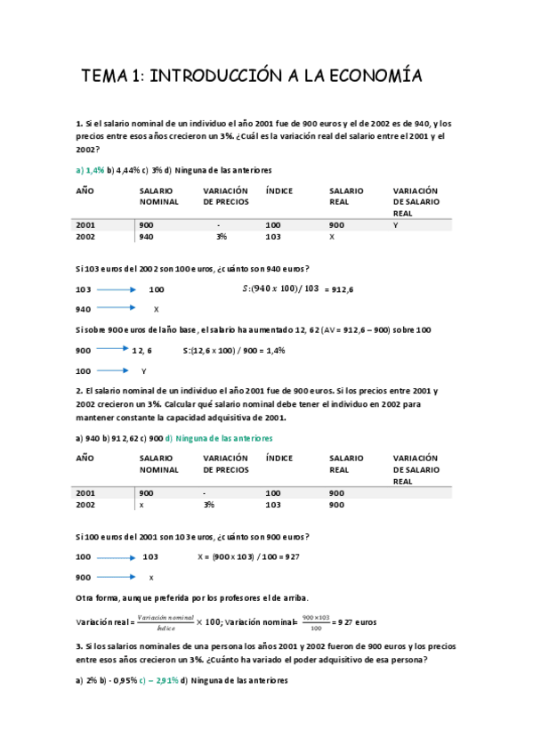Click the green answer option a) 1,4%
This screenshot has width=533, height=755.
[x=90, y=169]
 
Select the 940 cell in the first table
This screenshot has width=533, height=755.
[x=146, y=238]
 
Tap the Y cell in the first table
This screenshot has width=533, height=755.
[x=394, y=225]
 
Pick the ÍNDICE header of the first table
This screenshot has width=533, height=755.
[x=279, y=191]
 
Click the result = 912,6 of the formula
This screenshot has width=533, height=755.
[x=337, y=289]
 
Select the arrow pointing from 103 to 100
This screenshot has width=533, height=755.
[x=115, y=289]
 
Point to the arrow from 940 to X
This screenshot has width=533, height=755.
[x=115, y=308]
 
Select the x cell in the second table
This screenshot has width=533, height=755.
[x=141, y=505]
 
